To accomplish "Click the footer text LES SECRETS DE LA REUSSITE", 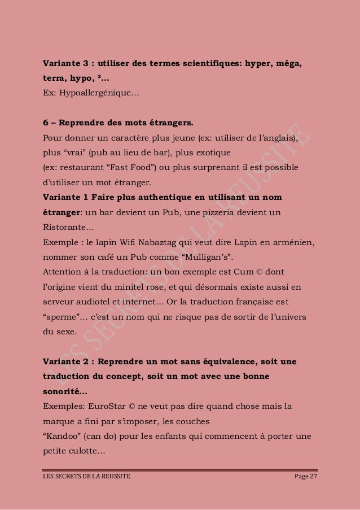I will click(x=86, y=478).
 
